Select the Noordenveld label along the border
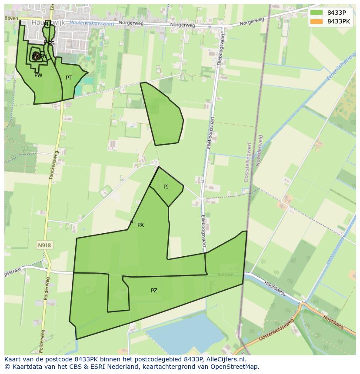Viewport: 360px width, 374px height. [x=260, y=150]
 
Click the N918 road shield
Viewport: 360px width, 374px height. [x=44, y=245]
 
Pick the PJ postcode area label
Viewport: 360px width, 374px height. [x=166, y=187]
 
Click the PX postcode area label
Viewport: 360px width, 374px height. [x=140, y=225]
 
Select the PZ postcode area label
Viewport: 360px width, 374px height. [x=154, y=291]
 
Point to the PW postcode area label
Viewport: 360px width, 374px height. [x=38, y=75]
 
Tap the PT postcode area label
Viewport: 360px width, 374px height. [x=69, y=78]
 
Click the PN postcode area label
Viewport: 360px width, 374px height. [x=43, y=56]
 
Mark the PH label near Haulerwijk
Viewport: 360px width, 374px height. [x=47, y=25]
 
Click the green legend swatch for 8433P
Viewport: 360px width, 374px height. [x=317, y=13]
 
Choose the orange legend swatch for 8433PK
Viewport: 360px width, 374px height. [x=317, y=21]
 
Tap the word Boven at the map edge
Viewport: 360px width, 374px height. [x=12, y=18]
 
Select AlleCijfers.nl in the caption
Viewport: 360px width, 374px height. [x=226, y=359]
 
